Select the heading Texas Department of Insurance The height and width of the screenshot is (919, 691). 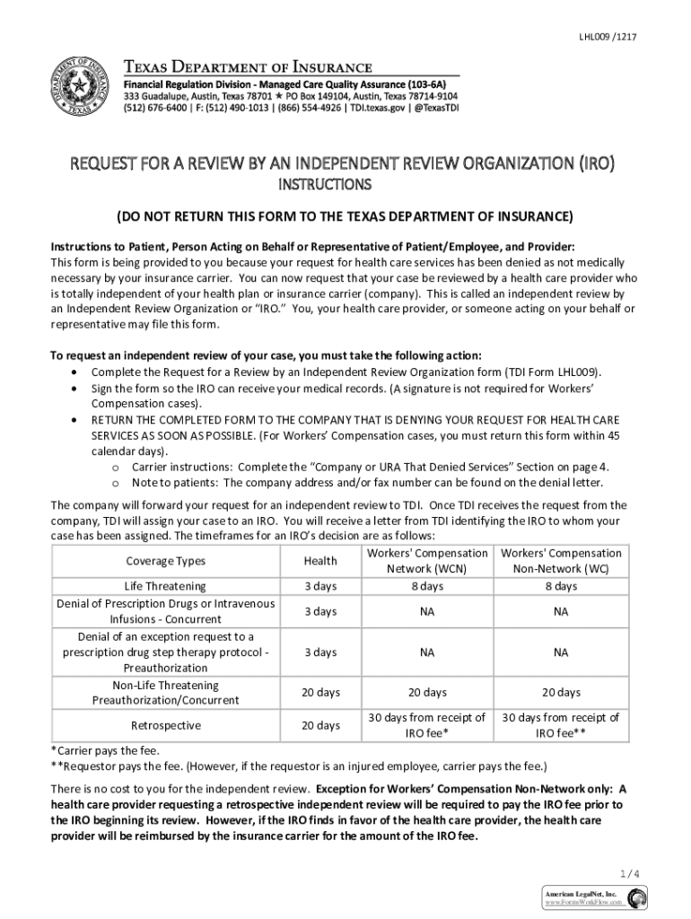click(247, 67)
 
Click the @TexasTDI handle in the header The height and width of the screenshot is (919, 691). click(434, 106)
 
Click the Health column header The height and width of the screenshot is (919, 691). click(320, 561)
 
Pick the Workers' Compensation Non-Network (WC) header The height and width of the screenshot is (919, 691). click(560, 561)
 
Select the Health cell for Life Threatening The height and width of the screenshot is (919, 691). click(320, 586)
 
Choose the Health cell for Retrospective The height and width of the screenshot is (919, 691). click(320, 725)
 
